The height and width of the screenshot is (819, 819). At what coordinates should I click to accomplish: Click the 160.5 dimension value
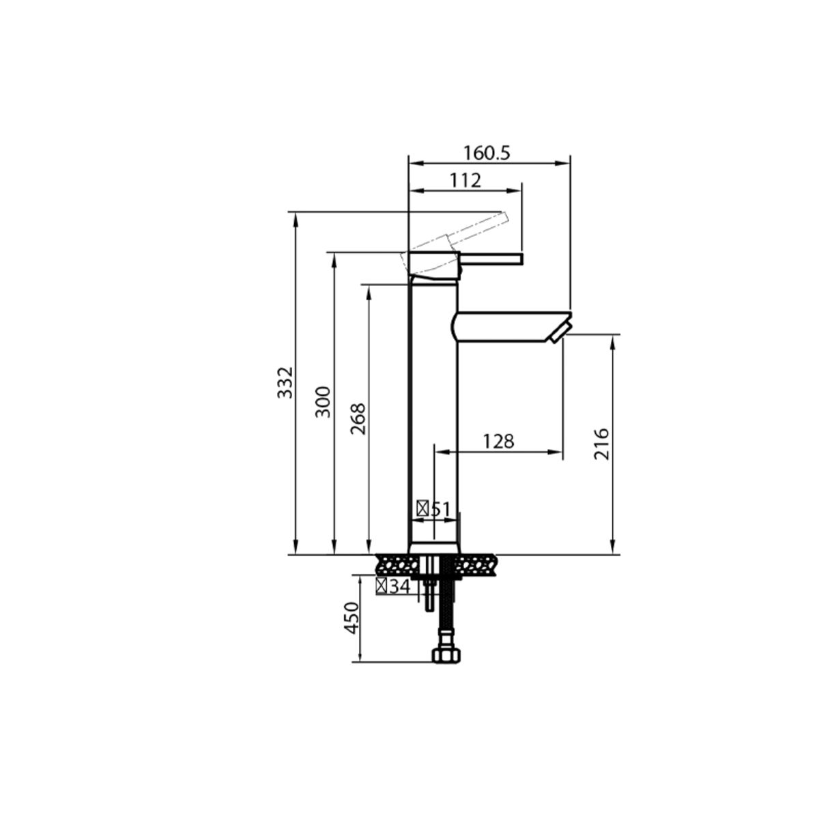click(486, 154)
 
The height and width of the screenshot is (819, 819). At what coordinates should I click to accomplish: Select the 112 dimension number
click(465, 181)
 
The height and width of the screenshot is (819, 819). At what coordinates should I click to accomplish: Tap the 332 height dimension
click(285, 382)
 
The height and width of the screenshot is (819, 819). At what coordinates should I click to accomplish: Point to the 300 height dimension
click(323, 402)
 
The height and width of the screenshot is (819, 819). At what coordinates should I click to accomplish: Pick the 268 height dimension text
click(358, 418)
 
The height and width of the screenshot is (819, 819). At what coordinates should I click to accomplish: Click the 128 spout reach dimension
click(498, 442)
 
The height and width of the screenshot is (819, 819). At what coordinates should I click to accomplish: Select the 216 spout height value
click(602, 444)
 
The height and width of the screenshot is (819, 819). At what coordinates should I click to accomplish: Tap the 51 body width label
click(440, 509)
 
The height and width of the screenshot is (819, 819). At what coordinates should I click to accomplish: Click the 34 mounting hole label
click(400, 587)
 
